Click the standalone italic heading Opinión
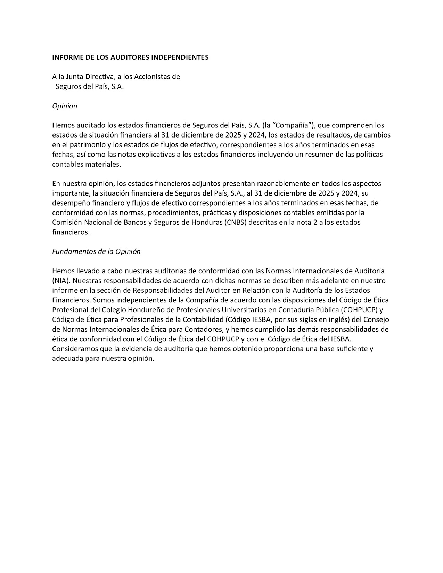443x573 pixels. tap(65, 106)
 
